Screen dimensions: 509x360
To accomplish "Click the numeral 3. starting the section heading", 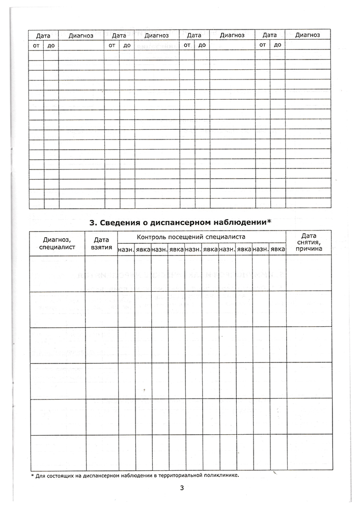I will pyautogui.click(x=93, y=222).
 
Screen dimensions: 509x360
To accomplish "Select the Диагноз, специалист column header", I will pyautogui.click(x=57, y=243).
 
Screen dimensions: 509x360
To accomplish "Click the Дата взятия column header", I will pyautogui.click(x=101, y=243).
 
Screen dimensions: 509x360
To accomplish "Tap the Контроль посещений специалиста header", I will pyautogui.click(x=202, y=237).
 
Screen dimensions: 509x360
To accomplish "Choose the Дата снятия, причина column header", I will pyautogui.click(x=309, y=243).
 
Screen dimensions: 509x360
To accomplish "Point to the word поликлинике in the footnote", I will pyautogui.click(x=221, y=475).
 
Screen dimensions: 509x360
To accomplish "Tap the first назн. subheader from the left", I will pyautogui.click(x=126, y=249).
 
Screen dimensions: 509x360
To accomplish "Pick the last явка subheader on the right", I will pyautogui.click(x=278, y=249).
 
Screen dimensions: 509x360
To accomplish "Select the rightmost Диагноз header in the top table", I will pyautogui.click(x=308, y=35).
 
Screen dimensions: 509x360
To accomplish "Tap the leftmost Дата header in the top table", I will pyautogui.click(x=43, y=35).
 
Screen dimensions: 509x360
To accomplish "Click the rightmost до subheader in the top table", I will pyautogui.click(x=278, y=45).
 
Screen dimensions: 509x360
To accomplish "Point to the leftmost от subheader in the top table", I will pyautogui.click(x=36, y=45).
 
